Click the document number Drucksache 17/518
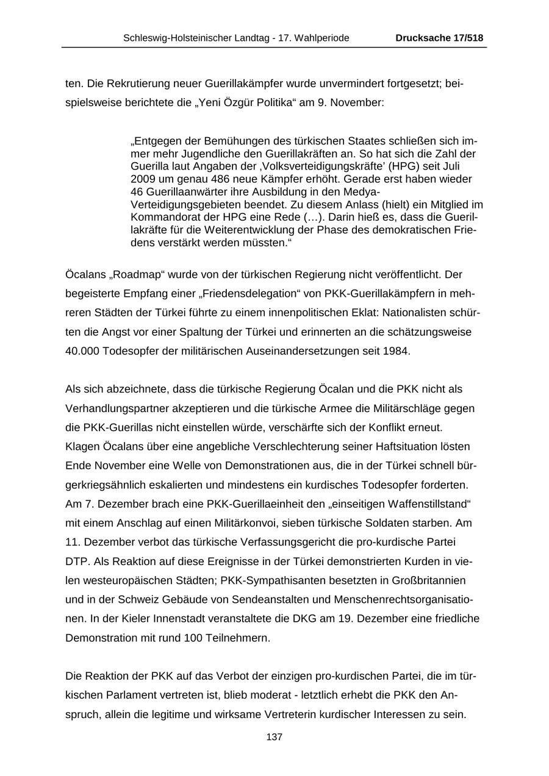439,38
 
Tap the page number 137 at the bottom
274,737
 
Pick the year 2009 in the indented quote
142,179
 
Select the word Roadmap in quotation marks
132,275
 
